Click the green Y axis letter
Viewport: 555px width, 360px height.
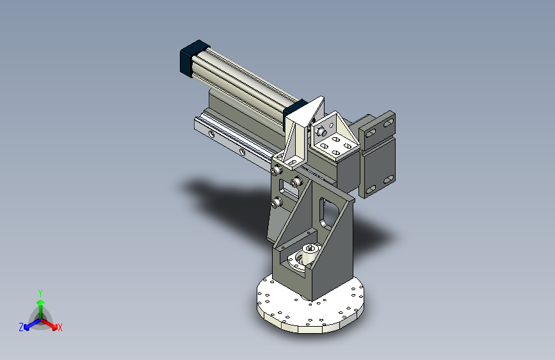(40, 293)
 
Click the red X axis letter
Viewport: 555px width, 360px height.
(60, 327)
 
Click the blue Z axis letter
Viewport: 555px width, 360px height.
(21, 327)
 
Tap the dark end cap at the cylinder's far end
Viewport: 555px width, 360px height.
(193, 58)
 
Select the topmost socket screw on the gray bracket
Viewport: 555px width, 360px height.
(276, 171)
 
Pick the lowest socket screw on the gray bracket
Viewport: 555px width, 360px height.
(276, 203)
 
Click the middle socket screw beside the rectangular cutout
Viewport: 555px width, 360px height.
(296, 183)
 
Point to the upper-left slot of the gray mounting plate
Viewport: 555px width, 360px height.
(371, 133)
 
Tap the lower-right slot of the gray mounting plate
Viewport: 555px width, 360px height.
(389, 179)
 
